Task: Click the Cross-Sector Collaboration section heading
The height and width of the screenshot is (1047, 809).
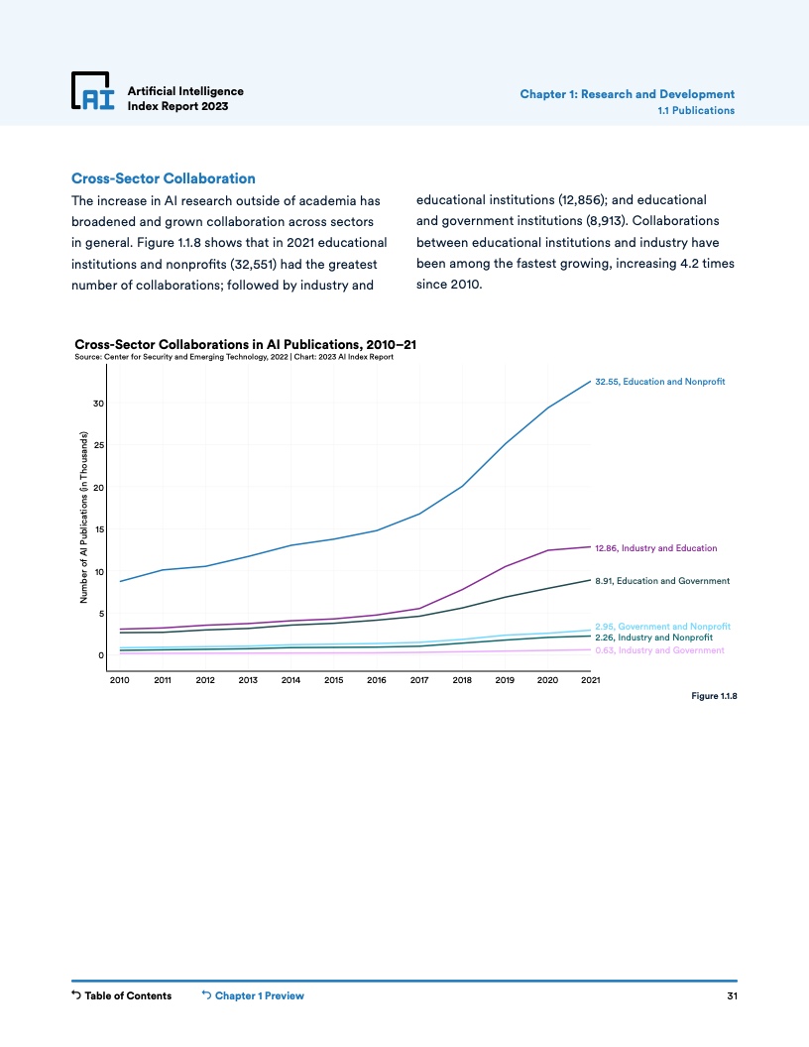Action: (164, 178)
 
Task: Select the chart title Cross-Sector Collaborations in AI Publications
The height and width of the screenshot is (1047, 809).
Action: (245, 344)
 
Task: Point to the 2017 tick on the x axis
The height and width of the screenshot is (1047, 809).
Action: (418, 681)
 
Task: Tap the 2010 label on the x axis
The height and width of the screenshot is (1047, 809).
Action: (120, 681)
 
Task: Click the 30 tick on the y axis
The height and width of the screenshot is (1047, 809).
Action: (99, 404)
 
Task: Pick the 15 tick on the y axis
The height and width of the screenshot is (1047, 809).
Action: (99, 529)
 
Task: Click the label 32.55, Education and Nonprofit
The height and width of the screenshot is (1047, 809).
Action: (660, 381)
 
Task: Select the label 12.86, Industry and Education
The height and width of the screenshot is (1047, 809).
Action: (655, 547)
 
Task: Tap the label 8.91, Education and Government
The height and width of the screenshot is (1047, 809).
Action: (662, 580)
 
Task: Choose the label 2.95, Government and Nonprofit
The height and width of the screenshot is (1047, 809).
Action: (662, 627)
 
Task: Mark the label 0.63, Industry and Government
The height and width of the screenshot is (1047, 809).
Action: (659, 650)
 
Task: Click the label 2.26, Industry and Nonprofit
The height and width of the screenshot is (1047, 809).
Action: (653, 638)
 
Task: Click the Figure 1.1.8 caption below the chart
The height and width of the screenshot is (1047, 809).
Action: (714, 696)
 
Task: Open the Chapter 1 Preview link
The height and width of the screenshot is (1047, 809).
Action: (253, 995)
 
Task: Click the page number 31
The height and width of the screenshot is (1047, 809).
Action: (732, 995)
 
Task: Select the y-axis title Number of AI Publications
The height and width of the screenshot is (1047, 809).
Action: (85, 519)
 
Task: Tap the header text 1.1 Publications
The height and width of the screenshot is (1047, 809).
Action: (696, 110)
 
